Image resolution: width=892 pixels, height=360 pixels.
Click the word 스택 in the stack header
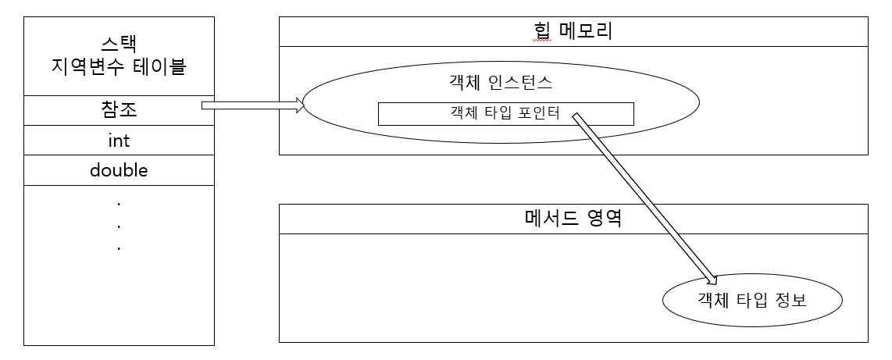click(119, 44)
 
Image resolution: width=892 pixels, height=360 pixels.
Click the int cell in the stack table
click(119, 141)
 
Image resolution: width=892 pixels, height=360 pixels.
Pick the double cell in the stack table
click(119, 170)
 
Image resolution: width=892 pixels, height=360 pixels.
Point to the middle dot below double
click(119, 226)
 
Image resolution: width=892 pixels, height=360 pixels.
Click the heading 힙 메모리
click(573, 32)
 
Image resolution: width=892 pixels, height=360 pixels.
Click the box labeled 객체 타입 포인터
click(505, 114)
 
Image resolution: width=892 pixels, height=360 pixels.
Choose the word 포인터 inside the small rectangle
click(540, 114)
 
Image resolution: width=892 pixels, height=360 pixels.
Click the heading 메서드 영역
click(573, 219)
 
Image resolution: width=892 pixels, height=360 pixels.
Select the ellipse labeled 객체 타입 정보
click(751, 299)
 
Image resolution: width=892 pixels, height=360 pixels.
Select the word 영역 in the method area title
click(605, 219)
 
